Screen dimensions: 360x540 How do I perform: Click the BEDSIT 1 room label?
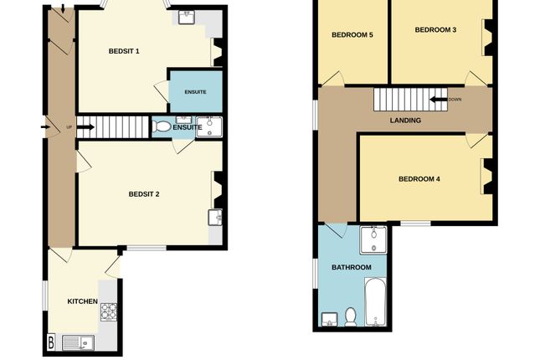coord(124,52)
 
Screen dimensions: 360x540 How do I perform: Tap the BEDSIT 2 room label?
coord(144,194)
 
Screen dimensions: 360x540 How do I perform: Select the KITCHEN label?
coord(83,301)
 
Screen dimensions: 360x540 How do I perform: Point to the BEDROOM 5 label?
coord(352,35)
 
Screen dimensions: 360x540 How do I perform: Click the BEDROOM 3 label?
coord(435,30)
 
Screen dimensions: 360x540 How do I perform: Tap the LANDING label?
coord(405,121)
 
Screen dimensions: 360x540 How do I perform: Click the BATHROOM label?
coord(352,268)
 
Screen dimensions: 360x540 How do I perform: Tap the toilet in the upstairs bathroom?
coord(351,316)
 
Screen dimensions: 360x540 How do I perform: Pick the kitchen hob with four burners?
coord(110,311)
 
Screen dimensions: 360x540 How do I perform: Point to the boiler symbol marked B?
coord(52,342)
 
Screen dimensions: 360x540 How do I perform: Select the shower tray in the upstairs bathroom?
coord(373,241)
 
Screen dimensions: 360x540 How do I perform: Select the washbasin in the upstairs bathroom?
coord(328,319)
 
